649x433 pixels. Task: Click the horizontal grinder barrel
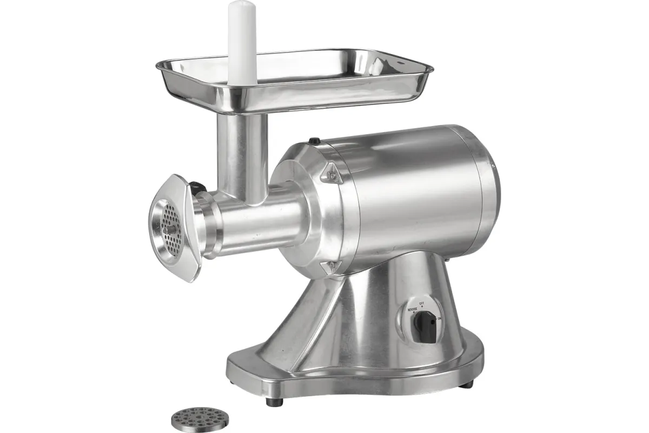pos(260,222)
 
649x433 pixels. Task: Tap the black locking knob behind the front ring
pos(198,187)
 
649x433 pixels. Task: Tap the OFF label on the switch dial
pos(422,300)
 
